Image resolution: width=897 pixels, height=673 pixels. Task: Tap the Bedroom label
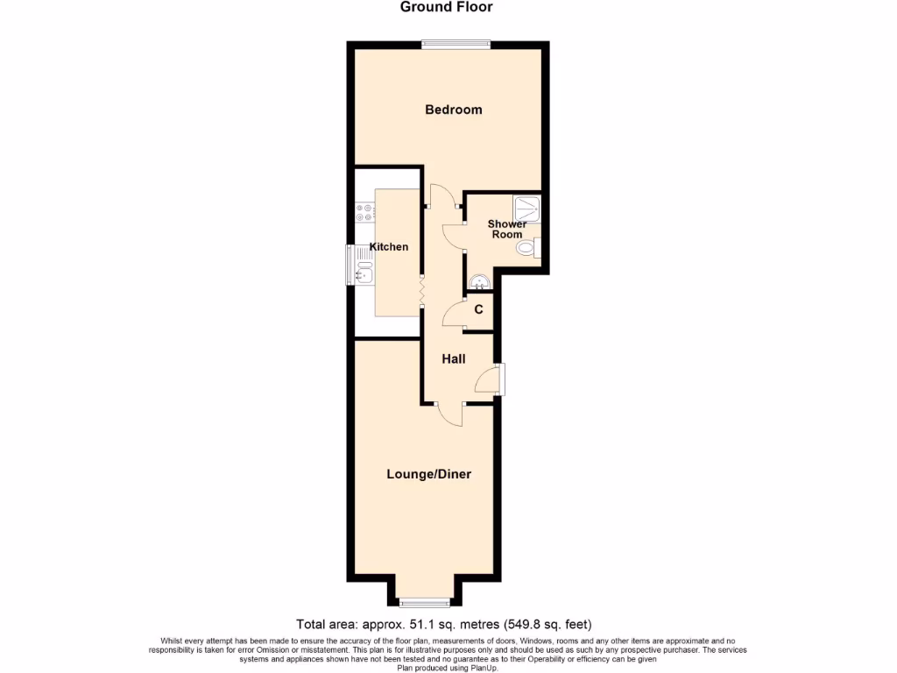click(453, 110)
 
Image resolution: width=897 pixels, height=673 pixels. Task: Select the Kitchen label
click(388, 247)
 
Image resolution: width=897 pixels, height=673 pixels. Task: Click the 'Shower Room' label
click(506, 230)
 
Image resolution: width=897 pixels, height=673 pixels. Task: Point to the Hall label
click(453, 359)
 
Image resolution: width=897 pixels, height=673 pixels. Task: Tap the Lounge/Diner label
click(429, 474)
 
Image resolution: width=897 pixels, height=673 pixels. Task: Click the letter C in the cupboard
click(478, 309)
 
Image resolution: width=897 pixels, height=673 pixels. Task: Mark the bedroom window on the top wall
click(455, 44)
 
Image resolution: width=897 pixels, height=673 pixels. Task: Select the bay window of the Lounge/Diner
click(425, 602)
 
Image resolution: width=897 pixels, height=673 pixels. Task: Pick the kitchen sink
click(364, 273)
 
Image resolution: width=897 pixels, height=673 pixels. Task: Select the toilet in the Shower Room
click(529, 249)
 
